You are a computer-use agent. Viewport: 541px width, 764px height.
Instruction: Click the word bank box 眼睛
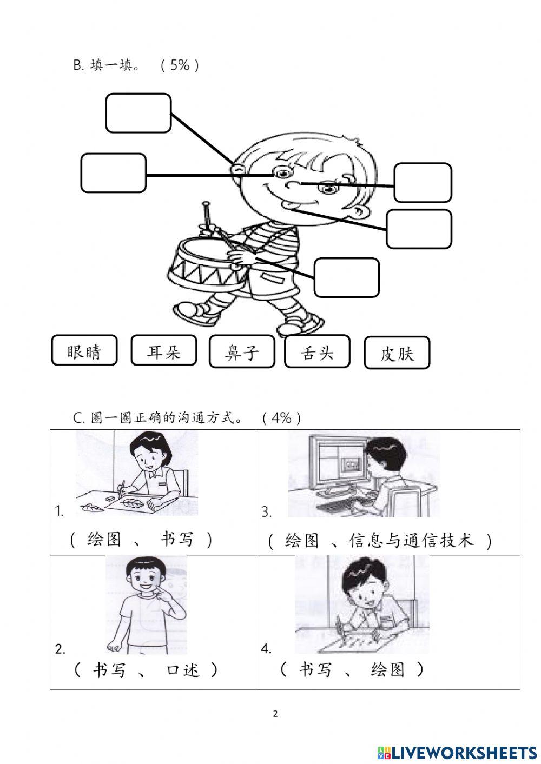click(84, 351)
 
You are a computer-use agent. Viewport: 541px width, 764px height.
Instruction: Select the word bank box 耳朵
click(163, 351)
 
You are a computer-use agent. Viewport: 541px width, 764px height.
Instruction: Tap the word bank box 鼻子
click(242, 352)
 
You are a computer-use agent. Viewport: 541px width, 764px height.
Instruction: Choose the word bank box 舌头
click(317, 352)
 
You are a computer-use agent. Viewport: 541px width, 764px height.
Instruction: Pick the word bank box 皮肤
click(397, 353)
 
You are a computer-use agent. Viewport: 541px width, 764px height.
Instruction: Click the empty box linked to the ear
click(138, 113)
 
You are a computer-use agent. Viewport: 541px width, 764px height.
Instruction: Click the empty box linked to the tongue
click(419, 229)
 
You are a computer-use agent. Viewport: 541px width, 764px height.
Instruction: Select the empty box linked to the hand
click(346, 277)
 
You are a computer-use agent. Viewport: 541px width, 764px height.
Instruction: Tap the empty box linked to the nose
click(423, 183)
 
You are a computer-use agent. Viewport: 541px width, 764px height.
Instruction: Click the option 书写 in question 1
click(177, 539)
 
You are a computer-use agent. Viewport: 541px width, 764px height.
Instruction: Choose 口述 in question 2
click(183, 670)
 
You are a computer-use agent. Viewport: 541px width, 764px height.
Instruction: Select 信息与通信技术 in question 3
click(411, 540)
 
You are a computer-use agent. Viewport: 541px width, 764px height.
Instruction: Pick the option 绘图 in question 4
click(388, 670)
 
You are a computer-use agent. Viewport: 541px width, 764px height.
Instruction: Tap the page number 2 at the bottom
click(275, 714)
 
